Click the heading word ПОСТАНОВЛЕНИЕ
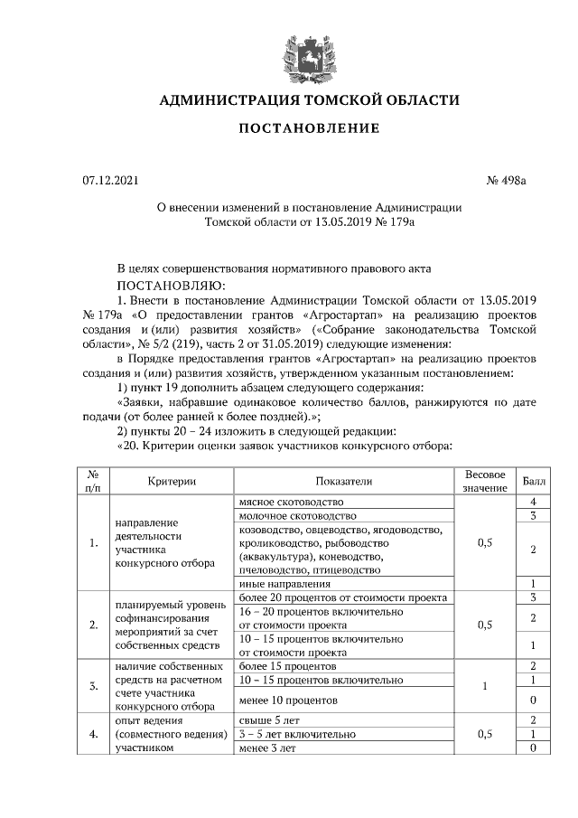(309, 128)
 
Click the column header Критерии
(167, 482)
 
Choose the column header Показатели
(343, 482)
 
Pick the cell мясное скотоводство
(291, 502)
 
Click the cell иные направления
(281, 584)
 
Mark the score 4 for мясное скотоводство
(534, 502)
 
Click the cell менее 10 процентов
(288, 700)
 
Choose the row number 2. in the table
(94, 624)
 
